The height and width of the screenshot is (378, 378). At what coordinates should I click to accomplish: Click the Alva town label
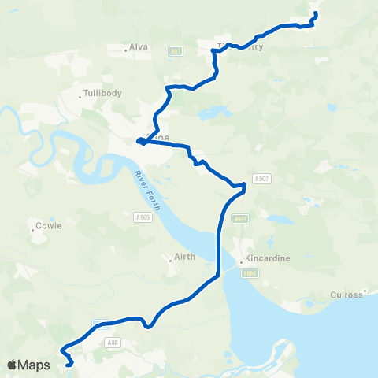point(139,47)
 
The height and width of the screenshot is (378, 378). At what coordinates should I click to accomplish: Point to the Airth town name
point(183,258)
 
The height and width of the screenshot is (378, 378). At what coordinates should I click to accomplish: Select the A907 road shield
point(262,179)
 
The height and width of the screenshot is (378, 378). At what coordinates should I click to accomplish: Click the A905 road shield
point(142,217)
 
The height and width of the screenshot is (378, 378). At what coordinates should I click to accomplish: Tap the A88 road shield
point(112,342)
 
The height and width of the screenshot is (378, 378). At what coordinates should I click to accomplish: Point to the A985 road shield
point(250,274)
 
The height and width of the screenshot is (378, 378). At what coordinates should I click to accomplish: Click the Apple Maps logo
point(28,365)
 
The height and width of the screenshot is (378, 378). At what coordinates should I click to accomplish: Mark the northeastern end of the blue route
point(315,14)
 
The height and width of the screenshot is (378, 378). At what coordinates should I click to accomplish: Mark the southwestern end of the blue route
point(70,364)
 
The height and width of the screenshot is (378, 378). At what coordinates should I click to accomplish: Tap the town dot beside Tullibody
point(81,97)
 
